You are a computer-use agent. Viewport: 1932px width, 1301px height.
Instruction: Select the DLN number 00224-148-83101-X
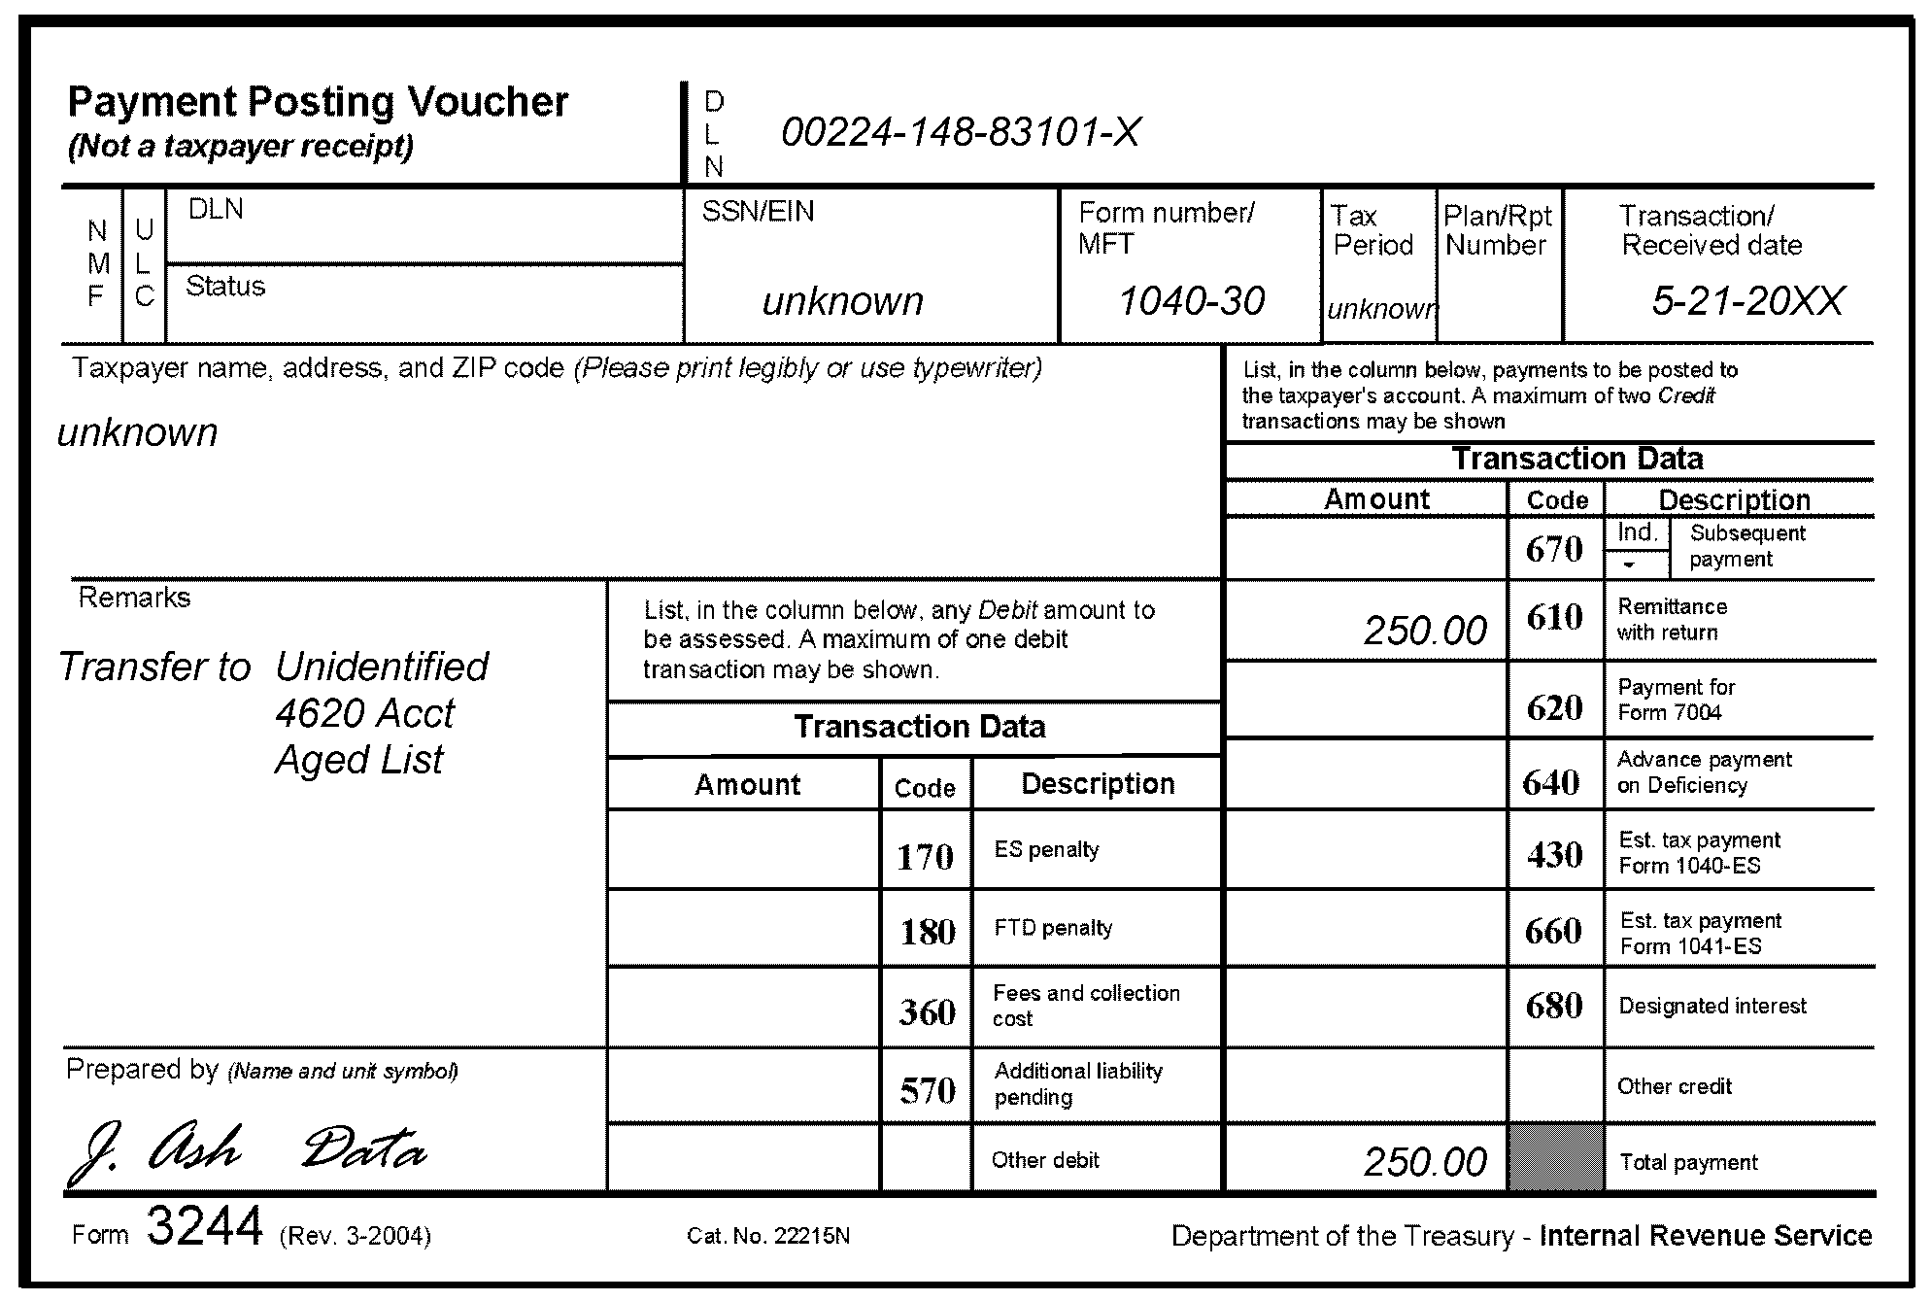960,133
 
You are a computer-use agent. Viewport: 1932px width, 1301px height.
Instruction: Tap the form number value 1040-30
1191,301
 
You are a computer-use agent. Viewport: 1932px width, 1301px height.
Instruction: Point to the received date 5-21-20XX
1746,301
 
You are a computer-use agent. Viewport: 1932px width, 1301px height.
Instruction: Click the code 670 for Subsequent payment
1554,550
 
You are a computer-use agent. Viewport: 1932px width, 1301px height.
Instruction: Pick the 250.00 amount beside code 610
1424,631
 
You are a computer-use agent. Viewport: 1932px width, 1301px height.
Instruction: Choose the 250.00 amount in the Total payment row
1424,1162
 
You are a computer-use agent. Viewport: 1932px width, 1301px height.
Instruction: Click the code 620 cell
1554,707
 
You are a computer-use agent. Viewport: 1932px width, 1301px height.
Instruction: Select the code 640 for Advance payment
1551,782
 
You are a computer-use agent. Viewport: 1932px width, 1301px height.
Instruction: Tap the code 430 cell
1554,855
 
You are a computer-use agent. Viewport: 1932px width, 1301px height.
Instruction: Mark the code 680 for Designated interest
1554,1006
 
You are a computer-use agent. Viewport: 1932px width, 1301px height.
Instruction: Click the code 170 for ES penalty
925,857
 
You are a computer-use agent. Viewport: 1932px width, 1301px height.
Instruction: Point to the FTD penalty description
1053,928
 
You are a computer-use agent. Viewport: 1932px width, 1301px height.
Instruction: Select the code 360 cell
927,1012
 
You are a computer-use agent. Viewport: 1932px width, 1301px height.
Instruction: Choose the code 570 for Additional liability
927,1090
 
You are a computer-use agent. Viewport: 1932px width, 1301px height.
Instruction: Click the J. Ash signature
155,1151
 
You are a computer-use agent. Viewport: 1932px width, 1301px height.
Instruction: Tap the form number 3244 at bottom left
204,1226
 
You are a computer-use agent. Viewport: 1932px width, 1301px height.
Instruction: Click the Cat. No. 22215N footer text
767,1236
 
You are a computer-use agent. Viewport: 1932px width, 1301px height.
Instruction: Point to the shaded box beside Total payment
1555,1158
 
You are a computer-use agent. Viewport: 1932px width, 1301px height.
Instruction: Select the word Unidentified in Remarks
382,668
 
